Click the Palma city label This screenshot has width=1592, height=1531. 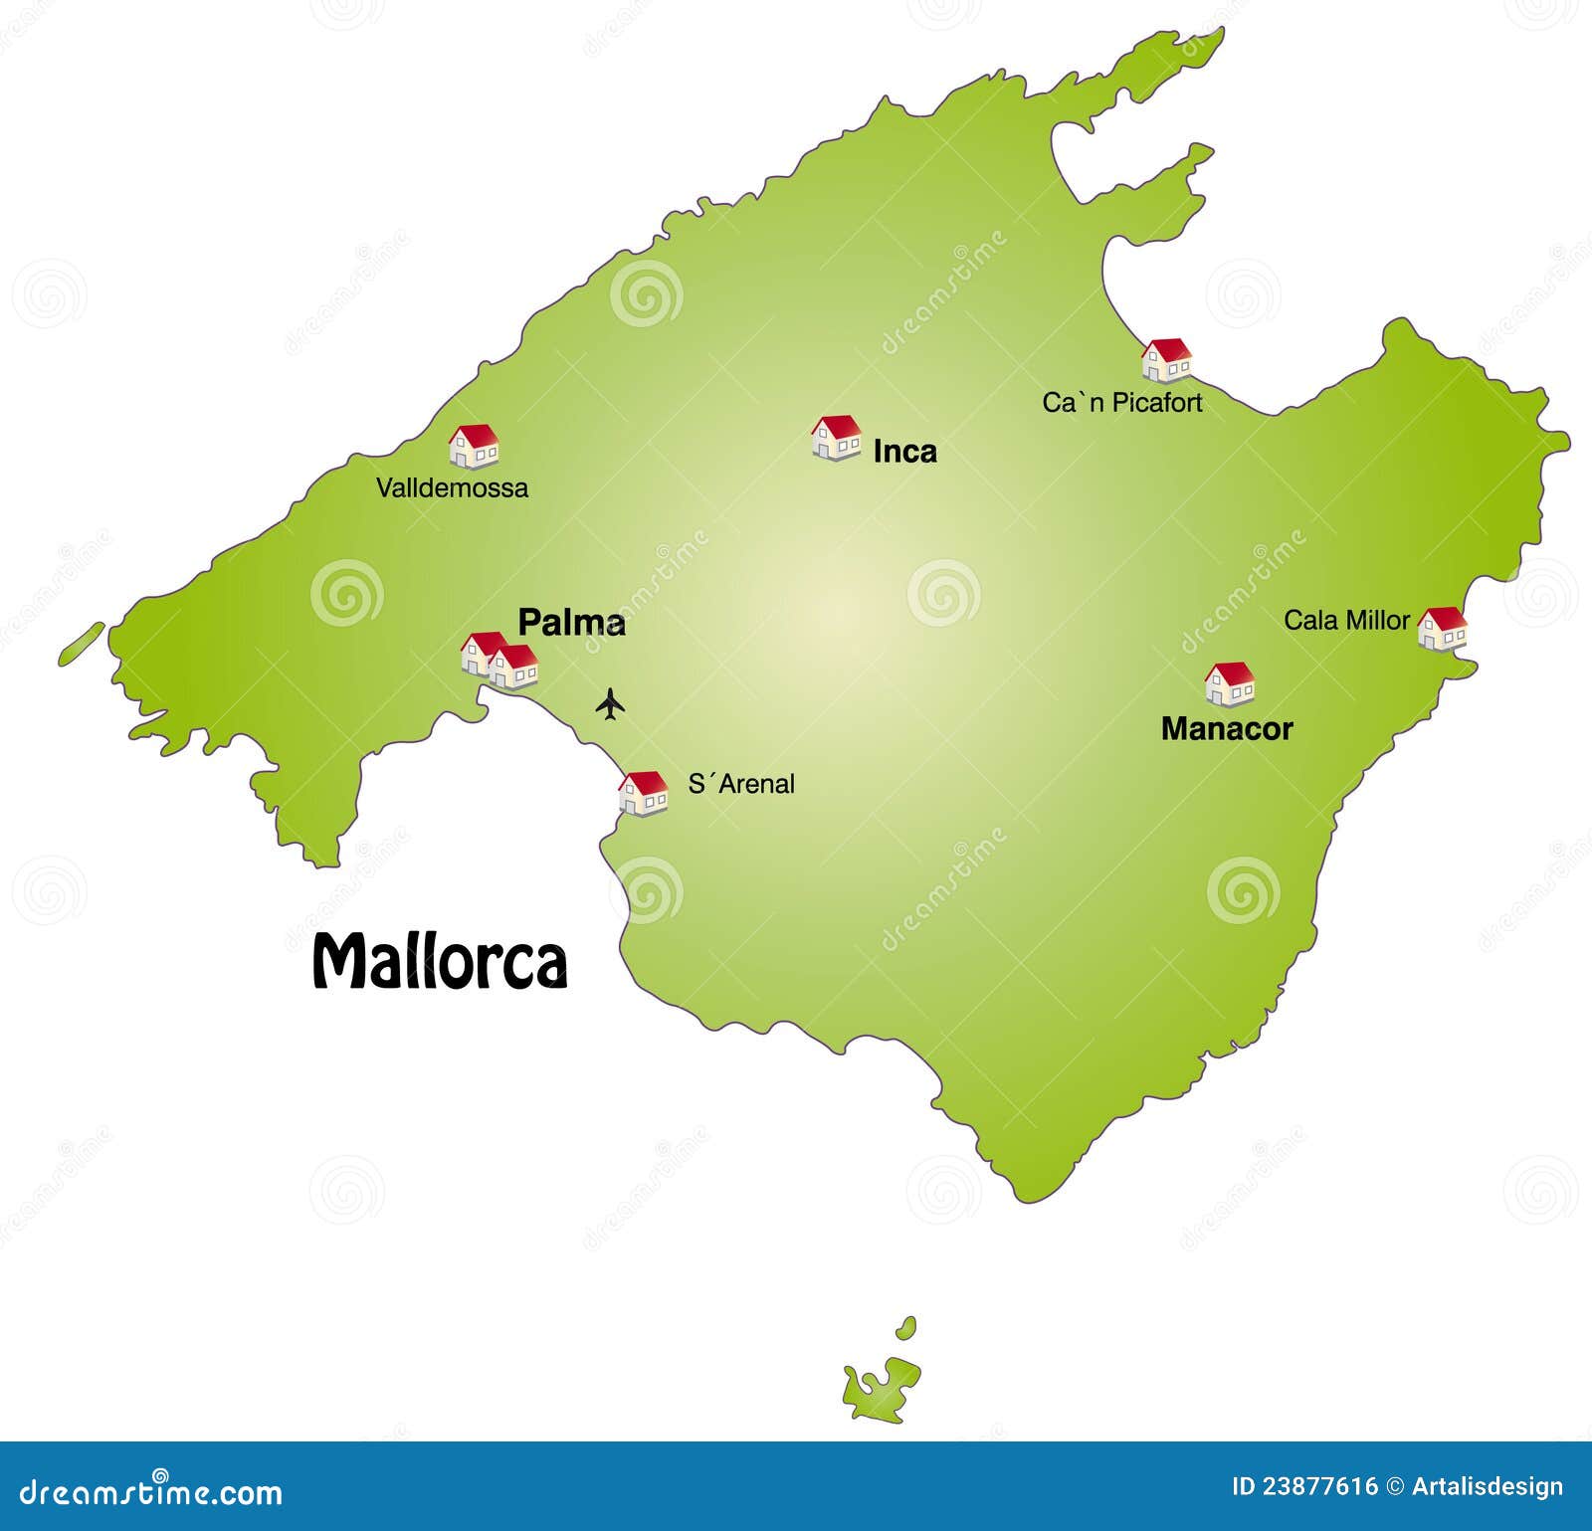(x=571, y=623)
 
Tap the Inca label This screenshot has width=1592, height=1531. (x=904, y=452)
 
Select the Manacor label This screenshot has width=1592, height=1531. (x=1226, y=729)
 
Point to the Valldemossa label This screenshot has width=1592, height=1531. (x=452, y=487)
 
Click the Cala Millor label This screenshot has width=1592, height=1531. (x=1345, y=621)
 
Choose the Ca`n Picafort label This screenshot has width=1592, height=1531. (x=1121, y=403)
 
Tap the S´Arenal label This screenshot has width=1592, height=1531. (x=741, y=784)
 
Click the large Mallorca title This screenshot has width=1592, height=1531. (x=440, y=961)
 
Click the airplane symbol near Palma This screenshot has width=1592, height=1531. (x=610, y=703)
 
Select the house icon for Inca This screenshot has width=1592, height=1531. (x=836, y=438)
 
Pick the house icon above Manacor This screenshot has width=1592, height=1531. (x=1230, y=684)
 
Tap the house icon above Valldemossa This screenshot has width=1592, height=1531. (x=474, y=447)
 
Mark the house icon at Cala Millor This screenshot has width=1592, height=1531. (x=1442, y=629)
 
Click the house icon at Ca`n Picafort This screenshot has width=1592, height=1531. (x=1166, y=360)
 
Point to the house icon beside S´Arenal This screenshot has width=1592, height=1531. (x=644, y=793)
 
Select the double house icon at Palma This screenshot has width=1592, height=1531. (x=499, y=662)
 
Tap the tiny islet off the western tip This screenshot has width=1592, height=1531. (x=82, y=644)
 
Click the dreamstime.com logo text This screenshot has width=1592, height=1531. (x=151, y=1491)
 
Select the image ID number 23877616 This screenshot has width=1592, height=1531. (x=1319, y=1487)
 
